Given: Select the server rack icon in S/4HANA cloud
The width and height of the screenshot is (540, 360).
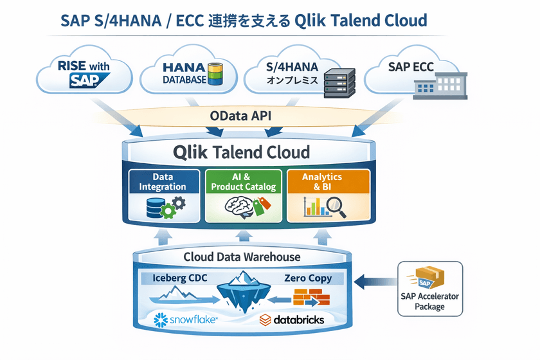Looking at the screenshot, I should [339, 82].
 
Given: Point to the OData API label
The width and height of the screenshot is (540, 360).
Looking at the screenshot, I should [241, 116].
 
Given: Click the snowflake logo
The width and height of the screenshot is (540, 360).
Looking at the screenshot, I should [183, 319].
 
